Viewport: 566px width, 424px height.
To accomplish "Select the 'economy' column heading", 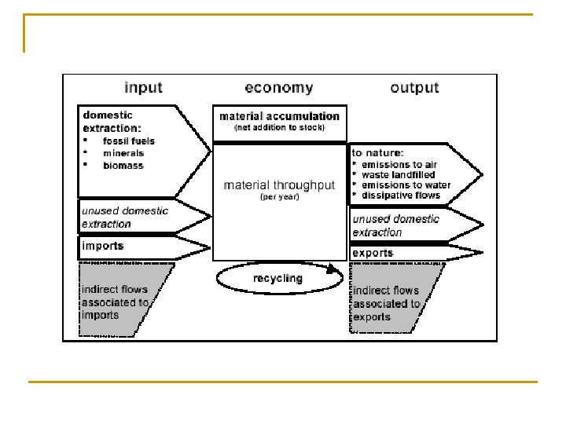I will point(278,88).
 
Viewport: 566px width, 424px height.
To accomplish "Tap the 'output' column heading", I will point(413,87).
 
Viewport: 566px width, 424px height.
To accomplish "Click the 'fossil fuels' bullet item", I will point(129,141).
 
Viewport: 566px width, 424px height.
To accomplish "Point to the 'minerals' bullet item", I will point(123,153).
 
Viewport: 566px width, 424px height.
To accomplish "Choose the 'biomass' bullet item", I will point(123,166).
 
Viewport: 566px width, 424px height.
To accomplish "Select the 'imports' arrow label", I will point(103,246).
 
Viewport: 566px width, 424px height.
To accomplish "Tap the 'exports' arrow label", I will point(373,253).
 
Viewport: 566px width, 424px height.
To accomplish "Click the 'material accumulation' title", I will point(279,115).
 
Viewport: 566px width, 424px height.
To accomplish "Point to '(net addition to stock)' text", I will point(279,127).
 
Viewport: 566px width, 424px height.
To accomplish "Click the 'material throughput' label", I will point(279,185).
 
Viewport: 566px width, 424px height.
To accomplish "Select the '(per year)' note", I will point(279,197).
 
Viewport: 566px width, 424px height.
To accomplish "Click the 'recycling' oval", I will point(277,279).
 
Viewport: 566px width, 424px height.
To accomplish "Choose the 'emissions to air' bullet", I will point(400,163).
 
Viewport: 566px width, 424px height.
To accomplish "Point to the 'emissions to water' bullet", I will point(406,185).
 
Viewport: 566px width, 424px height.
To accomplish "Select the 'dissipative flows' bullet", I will point(402,196).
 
